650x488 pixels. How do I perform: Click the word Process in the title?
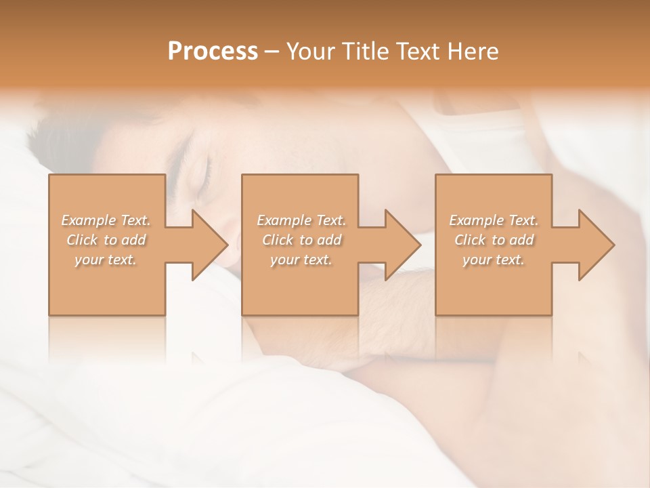[213, 52]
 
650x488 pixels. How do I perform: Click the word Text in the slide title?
[420, 52]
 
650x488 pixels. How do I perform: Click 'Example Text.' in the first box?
[106, 220]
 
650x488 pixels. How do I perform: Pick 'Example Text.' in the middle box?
[301, 220]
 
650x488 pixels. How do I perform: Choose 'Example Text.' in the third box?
[494, 220]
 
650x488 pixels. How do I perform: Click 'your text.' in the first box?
[106, 260]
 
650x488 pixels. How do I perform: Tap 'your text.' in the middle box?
[301, 260]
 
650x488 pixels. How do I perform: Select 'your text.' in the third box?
[493, 260]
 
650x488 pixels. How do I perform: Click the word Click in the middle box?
[277, 240]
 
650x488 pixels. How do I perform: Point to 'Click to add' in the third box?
[494, 240]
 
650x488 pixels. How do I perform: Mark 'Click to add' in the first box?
[106, 240]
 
